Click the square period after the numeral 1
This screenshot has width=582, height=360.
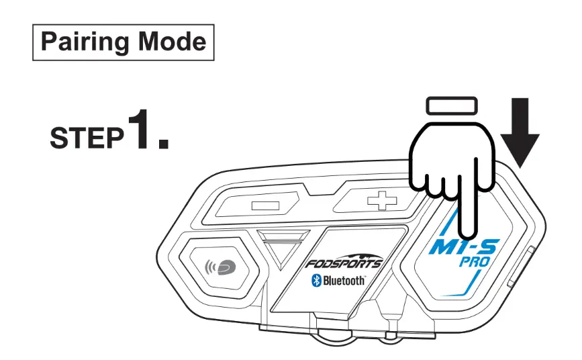(163, 142)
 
